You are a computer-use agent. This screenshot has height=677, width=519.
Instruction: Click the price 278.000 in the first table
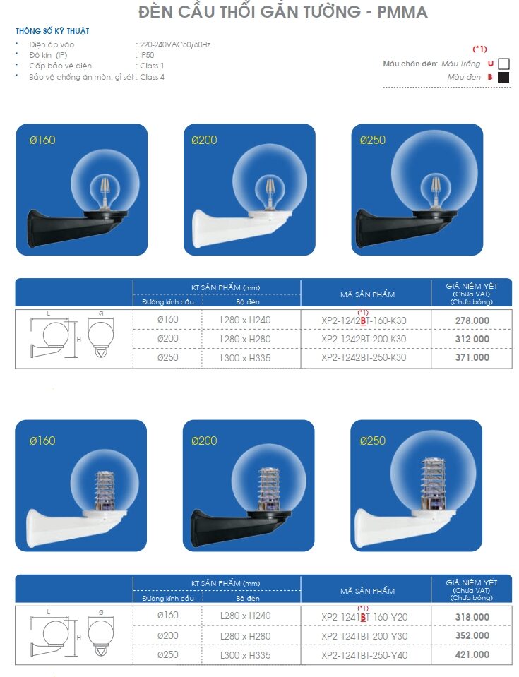(472, 320)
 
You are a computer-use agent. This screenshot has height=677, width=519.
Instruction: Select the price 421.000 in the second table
(472, 654)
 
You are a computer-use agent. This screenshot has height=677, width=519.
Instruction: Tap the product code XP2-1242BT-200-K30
(364, 339)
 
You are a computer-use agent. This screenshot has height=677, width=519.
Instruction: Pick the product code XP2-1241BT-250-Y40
(364, 655)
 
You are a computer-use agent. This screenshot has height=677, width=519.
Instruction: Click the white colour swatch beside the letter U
(503, 64)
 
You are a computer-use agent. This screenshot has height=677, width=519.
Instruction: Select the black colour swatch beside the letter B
(503, 77)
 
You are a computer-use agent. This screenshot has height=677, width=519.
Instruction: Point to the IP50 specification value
(147, 55)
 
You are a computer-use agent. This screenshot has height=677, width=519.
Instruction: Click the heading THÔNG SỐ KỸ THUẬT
(52, 30)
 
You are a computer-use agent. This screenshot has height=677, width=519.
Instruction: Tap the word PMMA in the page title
(402, 12)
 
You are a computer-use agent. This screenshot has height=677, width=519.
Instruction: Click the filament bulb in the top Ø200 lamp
(270, 193)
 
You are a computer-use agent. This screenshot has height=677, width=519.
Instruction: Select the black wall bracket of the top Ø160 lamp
(73, 226)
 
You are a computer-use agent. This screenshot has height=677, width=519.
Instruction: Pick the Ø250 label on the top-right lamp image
(373, 140)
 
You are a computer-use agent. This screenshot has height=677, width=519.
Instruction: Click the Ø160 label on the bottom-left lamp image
(42, 441)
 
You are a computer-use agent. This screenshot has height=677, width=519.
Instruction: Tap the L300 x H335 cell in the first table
(245, 358)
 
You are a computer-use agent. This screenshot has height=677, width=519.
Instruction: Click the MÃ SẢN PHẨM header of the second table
(367, 591)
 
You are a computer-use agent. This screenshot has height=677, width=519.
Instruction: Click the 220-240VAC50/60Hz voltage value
(175, 44)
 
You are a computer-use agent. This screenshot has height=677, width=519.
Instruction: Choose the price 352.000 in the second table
(472, 635)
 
